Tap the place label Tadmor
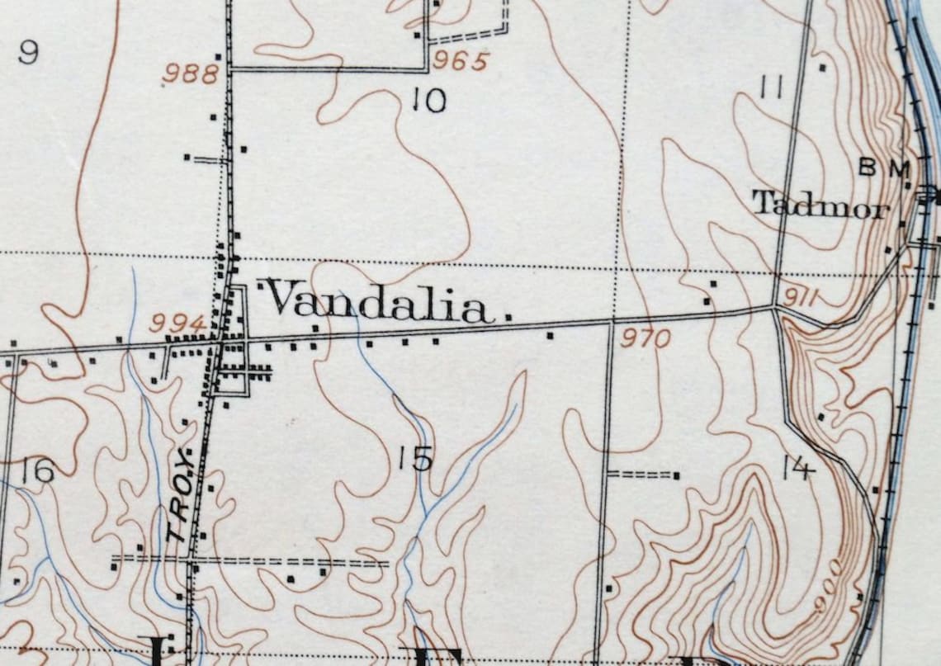pos(820,204)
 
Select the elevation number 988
pos(191,74)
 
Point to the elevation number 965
pos(460,60)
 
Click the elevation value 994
pos(177,324)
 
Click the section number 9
pos(28,53)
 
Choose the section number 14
pos(797,469)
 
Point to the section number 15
pos(414,459)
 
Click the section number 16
pos(38,471)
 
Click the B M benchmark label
pos(884,168)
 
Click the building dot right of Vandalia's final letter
pos(508,316)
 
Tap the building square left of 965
pos(418,35)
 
